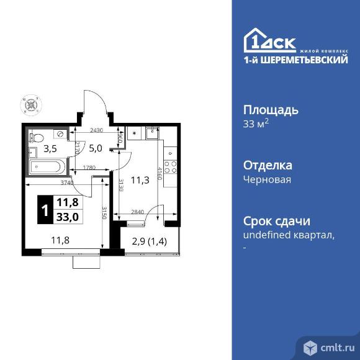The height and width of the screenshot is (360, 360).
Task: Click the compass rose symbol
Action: [x=30, y=103]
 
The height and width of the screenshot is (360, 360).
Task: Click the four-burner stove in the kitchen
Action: [x=171, y=167]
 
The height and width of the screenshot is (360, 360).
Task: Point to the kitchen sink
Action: [x=151, y=132]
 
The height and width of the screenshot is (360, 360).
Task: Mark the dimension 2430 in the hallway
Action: [x=96, y=130]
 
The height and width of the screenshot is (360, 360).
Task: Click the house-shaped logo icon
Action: [x=255, y=41]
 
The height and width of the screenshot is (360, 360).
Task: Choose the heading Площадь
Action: [x=270, y=110]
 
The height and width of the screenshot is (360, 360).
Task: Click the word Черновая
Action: [x=266, y=179]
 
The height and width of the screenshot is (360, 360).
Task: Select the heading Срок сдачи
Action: [x=276, y=222]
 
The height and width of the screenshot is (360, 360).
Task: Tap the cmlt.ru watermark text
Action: [x=335, y=346]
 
